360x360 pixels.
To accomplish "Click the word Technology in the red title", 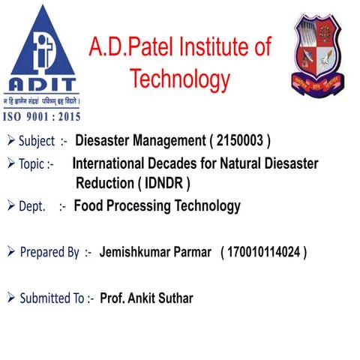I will pos(179,79).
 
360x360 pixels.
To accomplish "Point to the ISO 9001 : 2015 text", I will pos(43,116).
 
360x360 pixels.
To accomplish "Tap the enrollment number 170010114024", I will pos(262,253).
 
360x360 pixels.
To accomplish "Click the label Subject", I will pos(37,142).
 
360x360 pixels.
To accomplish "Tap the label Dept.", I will pos(31,205).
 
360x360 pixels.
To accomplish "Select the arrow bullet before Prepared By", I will pos(10,253).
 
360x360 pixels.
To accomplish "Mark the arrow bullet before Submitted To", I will pos(10,298).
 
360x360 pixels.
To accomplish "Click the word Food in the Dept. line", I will pos(88,205).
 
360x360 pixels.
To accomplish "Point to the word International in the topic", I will pos(110,163).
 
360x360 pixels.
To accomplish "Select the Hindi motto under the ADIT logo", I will pos(41,99).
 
